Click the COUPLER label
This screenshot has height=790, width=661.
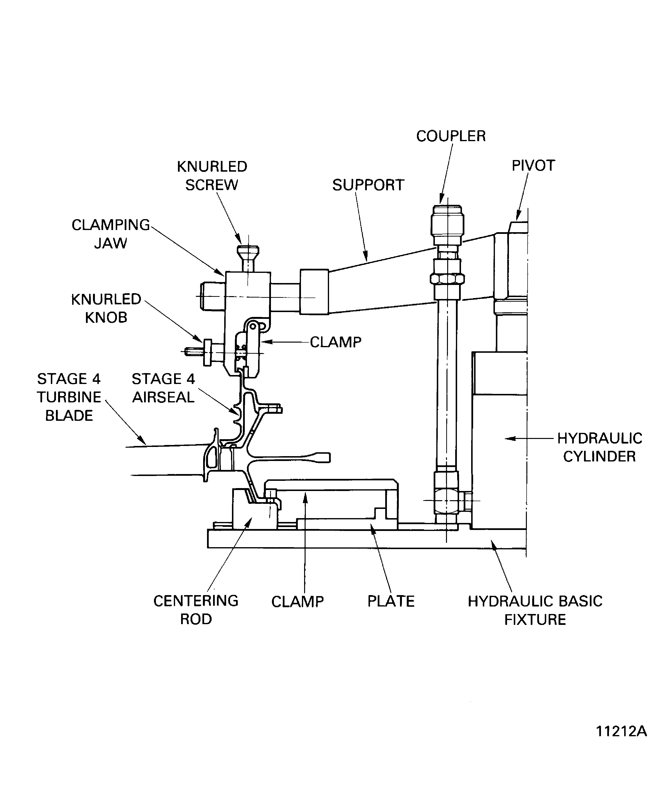[x=451, y=136]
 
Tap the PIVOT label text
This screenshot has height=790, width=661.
[x=533, y=166]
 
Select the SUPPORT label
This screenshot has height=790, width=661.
[x=368, y=185]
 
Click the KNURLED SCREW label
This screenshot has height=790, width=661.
[x=212, y=176]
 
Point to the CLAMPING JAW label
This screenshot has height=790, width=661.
[x=111, y=234]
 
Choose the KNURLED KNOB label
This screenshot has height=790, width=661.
[x=106, y=308]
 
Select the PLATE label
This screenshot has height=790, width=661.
[x=391, y=601]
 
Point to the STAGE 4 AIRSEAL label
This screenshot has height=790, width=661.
[x=163, y=388]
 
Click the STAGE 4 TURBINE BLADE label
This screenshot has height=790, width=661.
[x=69, y=397]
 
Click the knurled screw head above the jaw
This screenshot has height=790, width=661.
[x=247, y=251]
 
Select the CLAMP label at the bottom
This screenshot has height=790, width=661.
[x=297, y=602]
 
